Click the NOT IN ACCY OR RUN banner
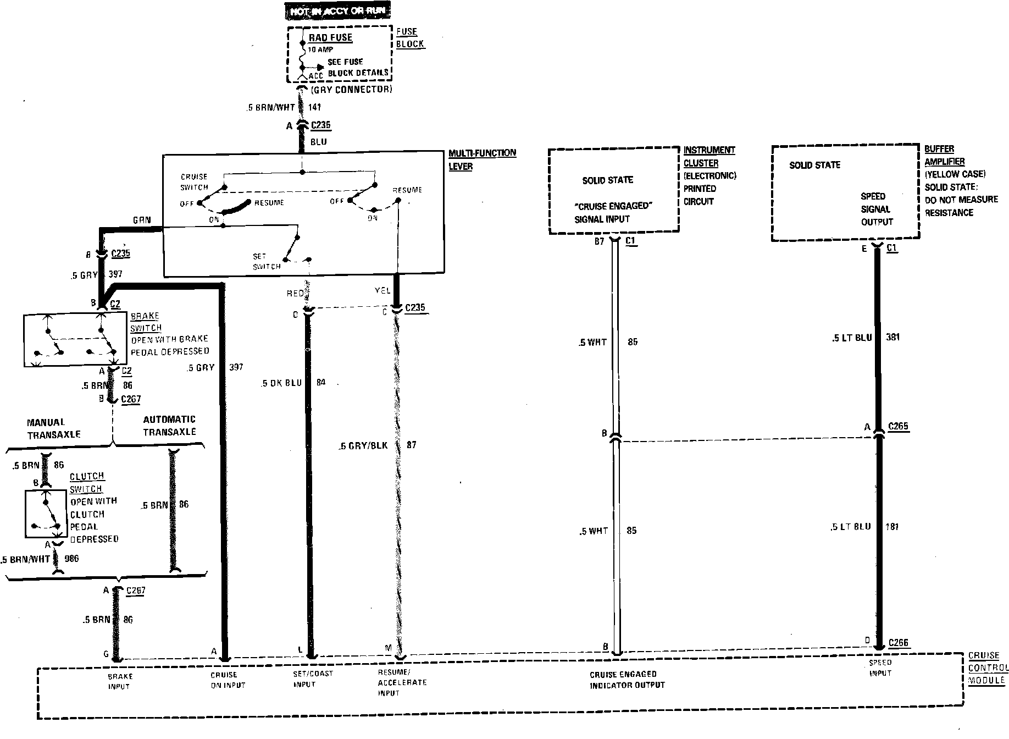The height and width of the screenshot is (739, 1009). pyautogui.click(x=339, y=11)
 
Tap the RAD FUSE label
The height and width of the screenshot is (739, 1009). pyautogui.click(x=330, y=38)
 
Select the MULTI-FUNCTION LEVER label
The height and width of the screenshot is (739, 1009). pyautogui.click(x=482, y=159)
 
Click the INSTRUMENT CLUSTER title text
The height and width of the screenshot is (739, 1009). pyautogui.click(x=709, y=157)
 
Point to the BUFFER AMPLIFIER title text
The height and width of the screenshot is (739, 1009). pyautogui.click(x=944, y=155)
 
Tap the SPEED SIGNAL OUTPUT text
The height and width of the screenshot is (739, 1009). pyautogui.click(x=876, y=209)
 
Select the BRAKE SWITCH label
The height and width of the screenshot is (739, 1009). pyautogui.click(x=146, y=322)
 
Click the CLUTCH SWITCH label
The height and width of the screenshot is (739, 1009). pyautogui.click(x=86, y=482)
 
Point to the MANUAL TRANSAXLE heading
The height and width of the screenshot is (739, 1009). pyautogui.click(x=54, y=428)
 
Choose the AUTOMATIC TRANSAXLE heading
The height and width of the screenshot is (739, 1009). pyautogui.click(x=169, y=426)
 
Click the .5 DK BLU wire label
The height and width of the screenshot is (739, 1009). pyautogui.click(x=282, y=383)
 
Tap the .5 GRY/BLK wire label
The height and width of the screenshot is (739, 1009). pyautogui.click(x=363, y=445)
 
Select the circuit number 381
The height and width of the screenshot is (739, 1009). pyautogui.click(x=893, y=337)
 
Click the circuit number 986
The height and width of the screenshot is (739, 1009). pyautogui.click(x=71, y=559)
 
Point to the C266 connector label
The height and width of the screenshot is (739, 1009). pyautogui.click(x=899, y=642)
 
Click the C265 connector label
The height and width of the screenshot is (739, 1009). pyautogui.click(x=899, y=426)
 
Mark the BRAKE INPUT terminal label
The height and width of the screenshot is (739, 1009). pyautogui.click(x=120, y=681)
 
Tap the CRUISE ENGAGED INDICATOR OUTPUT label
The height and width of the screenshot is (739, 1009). pyautogui.click(x=627, y=680)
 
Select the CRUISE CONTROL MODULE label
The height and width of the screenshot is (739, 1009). pyautogui.click(x=988, y=668)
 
